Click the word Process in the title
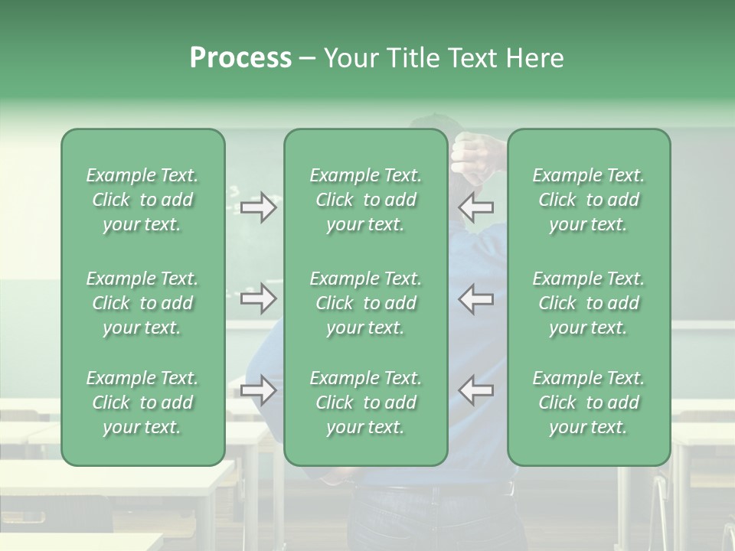[x=240, y=58]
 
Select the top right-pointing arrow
[x=258, y=207]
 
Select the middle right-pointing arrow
[x=258, y=298]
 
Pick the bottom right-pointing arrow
[x=258, y=390]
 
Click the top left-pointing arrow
[x=476, y=207]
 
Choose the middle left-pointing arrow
[x=476, y=298]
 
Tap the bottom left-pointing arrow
[x=476, y=390]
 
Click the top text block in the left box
[x=142, y=200]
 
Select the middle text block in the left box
[x=142, y=303]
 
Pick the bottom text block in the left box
[x=142, y=403]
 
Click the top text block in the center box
[x=366, y=200]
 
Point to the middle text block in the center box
[x=366, y=303]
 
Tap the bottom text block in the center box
[x=366, y=403]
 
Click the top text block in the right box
[x=589, y=200]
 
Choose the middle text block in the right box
[x=589, y=303]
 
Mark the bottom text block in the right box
[x=589, y=403]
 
